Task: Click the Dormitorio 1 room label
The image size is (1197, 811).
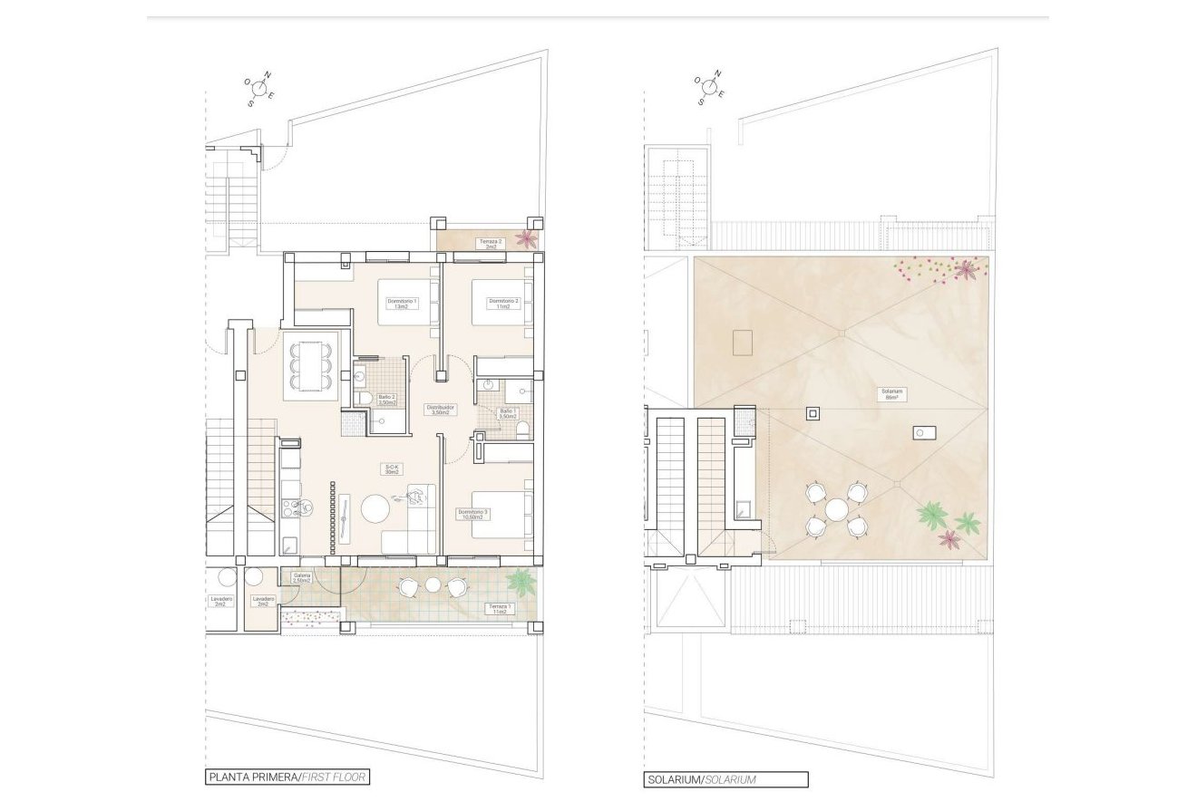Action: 401,304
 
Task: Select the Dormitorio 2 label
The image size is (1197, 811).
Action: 502,304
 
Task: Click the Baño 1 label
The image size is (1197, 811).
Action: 507,413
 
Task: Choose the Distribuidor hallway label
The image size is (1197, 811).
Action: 439,410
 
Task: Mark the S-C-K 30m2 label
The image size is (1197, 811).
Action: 392,469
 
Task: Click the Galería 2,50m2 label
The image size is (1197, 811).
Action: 302,578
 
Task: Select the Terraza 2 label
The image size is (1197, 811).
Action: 491,244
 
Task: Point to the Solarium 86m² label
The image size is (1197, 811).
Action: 891,395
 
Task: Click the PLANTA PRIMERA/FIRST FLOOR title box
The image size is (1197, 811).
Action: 287,777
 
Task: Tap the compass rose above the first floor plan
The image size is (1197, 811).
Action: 259,88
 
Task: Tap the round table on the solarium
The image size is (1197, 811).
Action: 836,510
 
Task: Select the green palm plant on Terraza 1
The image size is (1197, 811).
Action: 521,580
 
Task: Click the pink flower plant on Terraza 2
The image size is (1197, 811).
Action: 525,239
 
